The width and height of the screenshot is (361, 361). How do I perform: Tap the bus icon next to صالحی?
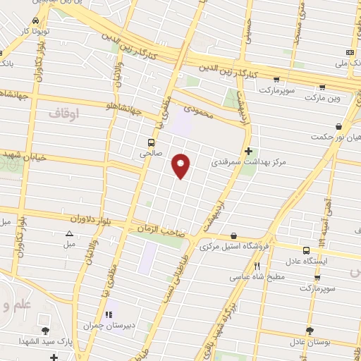point(152,141)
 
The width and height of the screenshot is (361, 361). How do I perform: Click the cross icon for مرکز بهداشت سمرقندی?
point(248,150)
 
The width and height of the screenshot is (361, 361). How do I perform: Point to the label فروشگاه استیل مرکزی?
point(233,247)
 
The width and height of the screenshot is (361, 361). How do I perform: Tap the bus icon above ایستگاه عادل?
point(306,250)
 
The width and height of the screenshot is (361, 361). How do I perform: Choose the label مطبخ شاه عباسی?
point(257,277)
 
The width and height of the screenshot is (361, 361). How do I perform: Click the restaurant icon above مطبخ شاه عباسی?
point(257,266)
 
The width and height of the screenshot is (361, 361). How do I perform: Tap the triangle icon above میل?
point(69,234)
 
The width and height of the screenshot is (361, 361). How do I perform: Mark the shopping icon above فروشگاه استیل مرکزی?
point(233,236)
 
